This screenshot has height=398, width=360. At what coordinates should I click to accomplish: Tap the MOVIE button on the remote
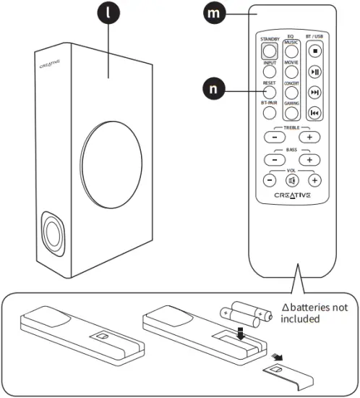[291, 72]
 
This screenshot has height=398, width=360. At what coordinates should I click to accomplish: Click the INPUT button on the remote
[269, 72]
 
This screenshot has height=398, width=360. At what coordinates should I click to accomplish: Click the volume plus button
[314, 180]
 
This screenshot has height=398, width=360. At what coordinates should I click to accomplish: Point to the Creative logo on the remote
[293, 196]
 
